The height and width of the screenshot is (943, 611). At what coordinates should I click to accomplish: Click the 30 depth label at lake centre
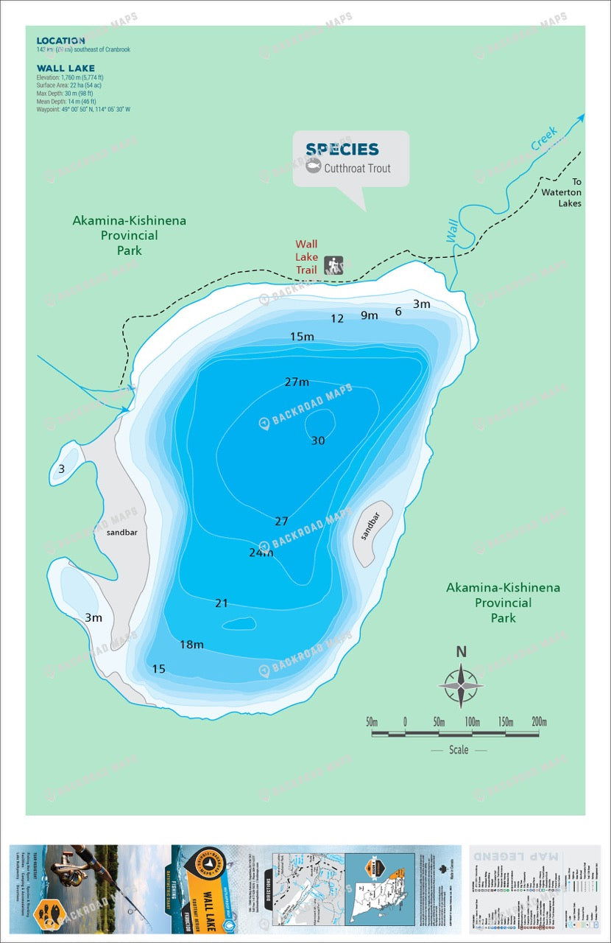tap(317, 441)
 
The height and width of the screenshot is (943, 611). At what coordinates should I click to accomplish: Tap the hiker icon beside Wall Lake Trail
tap(333, 265)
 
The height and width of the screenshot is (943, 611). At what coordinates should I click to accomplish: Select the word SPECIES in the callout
tap(342, 150)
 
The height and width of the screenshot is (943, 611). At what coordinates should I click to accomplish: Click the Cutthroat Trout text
tap(357, 168)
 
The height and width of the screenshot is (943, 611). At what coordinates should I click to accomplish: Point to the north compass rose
tap(461, 685)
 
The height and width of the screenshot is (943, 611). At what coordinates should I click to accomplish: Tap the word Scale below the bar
tap(458, 750)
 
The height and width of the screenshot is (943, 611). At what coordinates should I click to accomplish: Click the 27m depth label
tap(297, 382)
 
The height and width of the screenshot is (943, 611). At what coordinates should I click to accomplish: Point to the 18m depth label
tap(191, 645)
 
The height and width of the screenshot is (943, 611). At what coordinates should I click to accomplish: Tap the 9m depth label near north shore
tap(369, 315)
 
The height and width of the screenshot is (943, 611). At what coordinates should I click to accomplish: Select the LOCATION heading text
tap(60, 41)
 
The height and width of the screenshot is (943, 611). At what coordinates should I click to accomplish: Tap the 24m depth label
tap(261, 552)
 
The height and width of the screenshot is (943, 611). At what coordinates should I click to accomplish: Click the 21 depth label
tap(222, 603)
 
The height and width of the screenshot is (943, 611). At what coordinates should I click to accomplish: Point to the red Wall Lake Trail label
tap(306, 256)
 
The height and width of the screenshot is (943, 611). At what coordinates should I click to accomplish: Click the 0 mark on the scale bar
tap(405, 721)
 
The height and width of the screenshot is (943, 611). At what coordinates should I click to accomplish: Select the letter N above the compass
tap(461, 651)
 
